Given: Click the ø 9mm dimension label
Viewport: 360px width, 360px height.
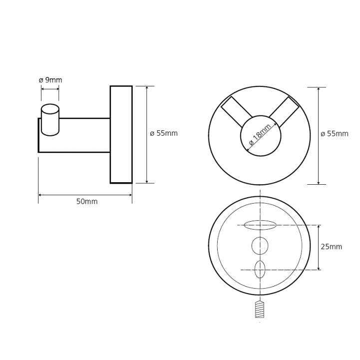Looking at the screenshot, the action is tap(50, 80).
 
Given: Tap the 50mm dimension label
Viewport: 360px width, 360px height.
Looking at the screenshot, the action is tap(87, 202).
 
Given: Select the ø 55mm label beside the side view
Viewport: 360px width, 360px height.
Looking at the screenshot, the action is tap(164, 133).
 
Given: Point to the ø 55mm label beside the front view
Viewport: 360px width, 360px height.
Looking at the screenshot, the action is tap(335, 134).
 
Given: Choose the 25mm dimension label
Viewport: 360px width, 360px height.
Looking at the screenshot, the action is tap(332, 247).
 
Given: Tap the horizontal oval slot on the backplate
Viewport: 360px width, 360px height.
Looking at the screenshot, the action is tap(260, 225).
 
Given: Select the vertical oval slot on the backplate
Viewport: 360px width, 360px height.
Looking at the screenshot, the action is tap(260, 270).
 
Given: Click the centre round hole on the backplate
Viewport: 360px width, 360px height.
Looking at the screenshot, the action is tap(260, 246).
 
